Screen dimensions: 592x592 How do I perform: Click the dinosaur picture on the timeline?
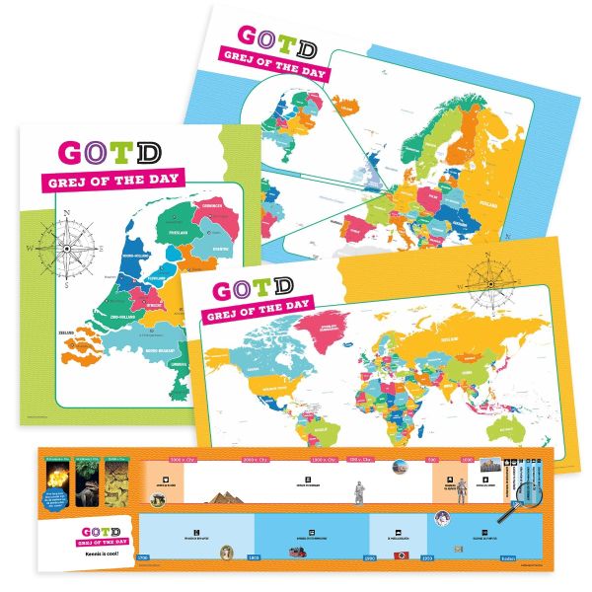tap(92, 481)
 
